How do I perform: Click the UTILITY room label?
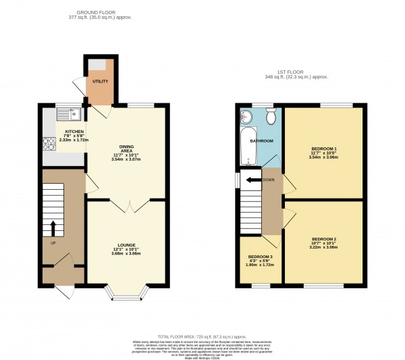click(x=100, y=81)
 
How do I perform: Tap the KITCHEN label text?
click(x=74, y=132)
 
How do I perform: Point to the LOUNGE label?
click(x=126, y=245)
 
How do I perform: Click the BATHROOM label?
click(x=263, y=140)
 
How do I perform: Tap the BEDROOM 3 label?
click(x=261, y=257)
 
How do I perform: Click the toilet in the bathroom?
click(x=271, y=118)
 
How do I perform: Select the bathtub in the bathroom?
click(x=246, y=145)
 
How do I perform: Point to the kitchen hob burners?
click(x=49, y=143)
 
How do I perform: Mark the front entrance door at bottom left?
click(x=65, y=291)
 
